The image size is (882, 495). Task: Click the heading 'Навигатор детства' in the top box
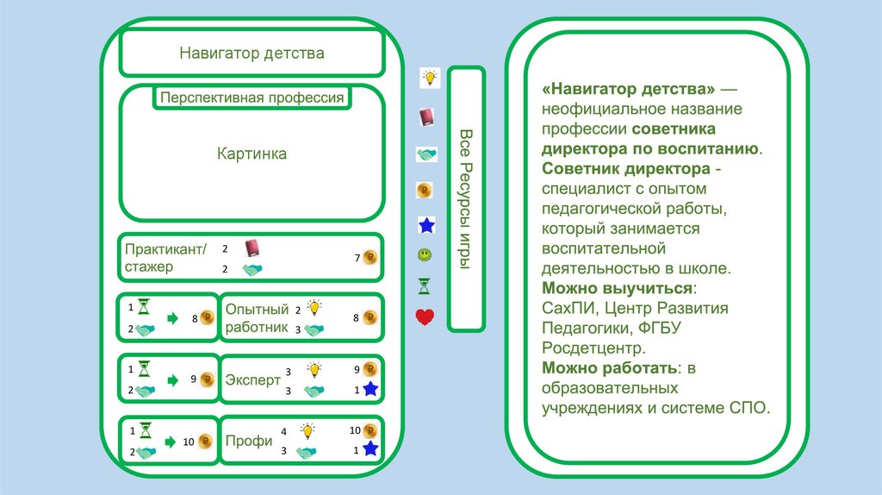coord(252,53)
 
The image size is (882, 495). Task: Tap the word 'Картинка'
coord(252,154)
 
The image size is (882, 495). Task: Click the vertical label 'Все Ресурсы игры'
coord(466,199)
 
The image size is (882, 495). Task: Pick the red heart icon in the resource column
coord(425,317)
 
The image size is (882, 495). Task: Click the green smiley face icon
coord(425,255)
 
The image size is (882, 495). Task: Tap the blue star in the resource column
coord(425,226)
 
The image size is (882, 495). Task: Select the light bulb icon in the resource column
coord(428,78)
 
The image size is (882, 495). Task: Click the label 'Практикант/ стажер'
coord(165,258)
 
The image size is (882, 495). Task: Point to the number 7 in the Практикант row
coord(357,258)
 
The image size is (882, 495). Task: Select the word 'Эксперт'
coord(253,379)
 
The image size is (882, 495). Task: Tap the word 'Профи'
coord(249,441)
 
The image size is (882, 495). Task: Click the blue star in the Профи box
coord(370,449)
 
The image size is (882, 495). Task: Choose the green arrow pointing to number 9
coord(172,379)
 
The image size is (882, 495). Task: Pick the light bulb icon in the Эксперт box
coord(314,369)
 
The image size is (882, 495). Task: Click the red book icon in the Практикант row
coord(252,248)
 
